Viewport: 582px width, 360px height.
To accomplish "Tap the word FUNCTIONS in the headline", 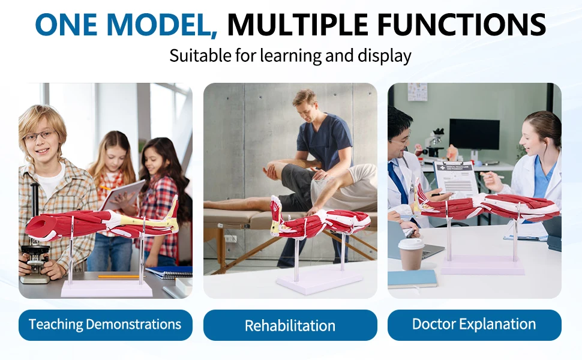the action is (461, 25).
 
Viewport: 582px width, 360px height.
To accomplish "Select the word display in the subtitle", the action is (385, 56).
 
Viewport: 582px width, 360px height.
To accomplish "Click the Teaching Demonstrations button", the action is (106, 325).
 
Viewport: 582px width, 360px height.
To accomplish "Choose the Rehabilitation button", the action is (290, 325).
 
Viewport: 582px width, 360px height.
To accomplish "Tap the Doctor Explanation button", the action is (475, 325).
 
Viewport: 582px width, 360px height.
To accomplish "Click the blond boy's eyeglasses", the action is (40, 136).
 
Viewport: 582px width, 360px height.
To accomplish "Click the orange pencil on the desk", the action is (118, 276).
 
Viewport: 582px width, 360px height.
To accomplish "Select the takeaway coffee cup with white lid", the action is (411, 254).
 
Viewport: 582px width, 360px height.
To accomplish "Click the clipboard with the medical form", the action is (455, 178).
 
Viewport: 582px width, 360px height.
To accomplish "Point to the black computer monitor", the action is (474, 134).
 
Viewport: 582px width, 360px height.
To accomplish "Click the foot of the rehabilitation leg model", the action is (276, 215).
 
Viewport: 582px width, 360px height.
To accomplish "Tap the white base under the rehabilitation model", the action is (319, 280).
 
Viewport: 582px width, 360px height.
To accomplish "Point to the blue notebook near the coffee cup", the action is (412, 279).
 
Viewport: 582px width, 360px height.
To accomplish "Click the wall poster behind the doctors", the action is (417, 92).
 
